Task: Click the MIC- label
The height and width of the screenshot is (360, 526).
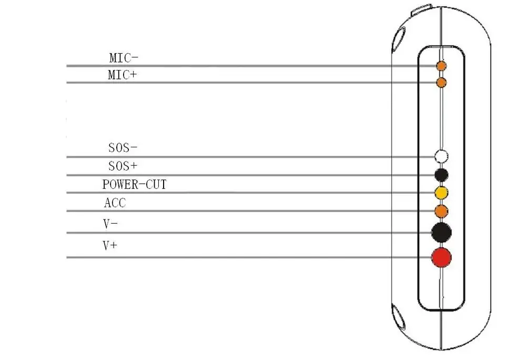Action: (124, 57)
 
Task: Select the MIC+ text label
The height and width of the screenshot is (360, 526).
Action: (122, 75)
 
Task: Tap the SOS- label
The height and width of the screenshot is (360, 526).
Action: (123, 148)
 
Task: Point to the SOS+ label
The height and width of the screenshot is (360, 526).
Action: (123, 166)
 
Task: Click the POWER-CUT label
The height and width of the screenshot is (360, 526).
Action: (134, 185)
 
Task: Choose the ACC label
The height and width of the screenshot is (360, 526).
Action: (115, 203)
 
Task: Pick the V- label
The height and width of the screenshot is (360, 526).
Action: (110, 224)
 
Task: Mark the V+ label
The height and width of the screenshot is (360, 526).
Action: (109, 245)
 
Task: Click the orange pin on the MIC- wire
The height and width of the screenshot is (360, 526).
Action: (441, 66)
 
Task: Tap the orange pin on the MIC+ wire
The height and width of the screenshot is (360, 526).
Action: (441, 83)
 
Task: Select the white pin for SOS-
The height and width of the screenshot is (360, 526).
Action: (441, 156)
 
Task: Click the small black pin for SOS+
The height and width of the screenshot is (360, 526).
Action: (441, 175)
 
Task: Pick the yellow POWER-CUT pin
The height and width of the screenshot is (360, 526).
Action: (441, 193)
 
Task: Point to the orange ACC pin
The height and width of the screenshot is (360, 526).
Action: (441, 211)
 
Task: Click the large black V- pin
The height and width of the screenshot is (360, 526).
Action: (441, 232)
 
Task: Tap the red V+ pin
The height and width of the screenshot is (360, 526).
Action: (441, 257)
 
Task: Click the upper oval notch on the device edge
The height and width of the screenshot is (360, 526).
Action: (398, 39)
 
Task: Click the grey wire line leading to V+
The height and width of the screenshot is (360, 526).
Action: (237, 257)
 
